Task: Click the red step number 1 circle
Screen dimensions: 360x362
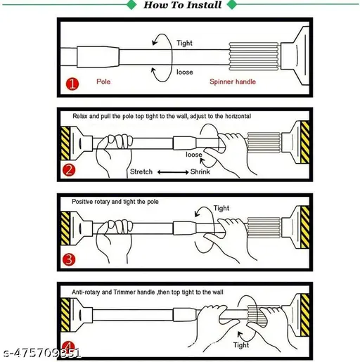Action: [72, 84]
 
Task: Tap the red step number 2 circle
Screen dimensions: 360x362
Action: [69, 170]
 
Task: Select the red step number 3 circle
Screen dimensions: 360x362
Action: [69, 259]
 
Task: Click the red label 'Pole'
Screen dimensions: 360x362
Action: [103, 82]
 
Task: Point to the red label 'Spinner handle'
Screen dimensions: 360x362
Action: [233, 82]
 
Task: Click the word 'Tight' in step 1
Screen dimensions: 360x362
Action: [184, 43]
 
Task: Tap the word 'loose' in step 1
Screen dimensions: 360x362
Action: [185, 72]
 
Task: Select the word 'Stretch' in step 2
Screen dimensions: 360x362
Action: [141, 172]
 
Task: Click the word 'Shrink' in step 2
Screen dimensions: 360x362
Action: [200, 172]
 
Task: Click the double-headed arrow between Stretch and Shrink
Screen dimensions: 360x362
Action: [173, 172]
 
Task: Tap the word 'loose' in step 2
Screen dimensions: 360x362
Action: [194, 155]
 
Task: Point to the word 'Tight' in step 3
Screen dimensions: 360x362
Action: [221, 208]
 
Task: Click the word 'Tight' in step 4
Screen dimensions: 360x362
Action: [241, 345]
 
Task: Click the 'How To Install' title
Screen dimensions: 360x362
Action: [183, 5]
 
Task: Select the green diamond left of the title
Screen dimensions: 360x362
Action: [131, 5]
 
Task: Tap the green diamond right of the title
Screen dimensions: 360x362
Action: [232, 5]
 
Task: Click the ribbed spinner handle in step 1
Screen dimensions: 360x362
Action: [254, 56]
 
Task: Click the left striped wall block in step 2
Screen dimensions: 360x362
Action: [65, 143]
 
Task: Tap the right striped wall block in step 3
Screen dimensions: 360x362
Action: [305, 227]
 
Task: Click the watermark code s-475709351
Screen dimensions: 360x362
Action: [41, 353]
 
